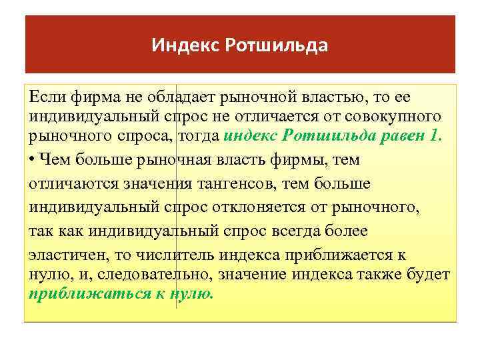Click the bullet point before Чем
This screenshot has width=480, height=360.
click(x=32, y=159)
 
